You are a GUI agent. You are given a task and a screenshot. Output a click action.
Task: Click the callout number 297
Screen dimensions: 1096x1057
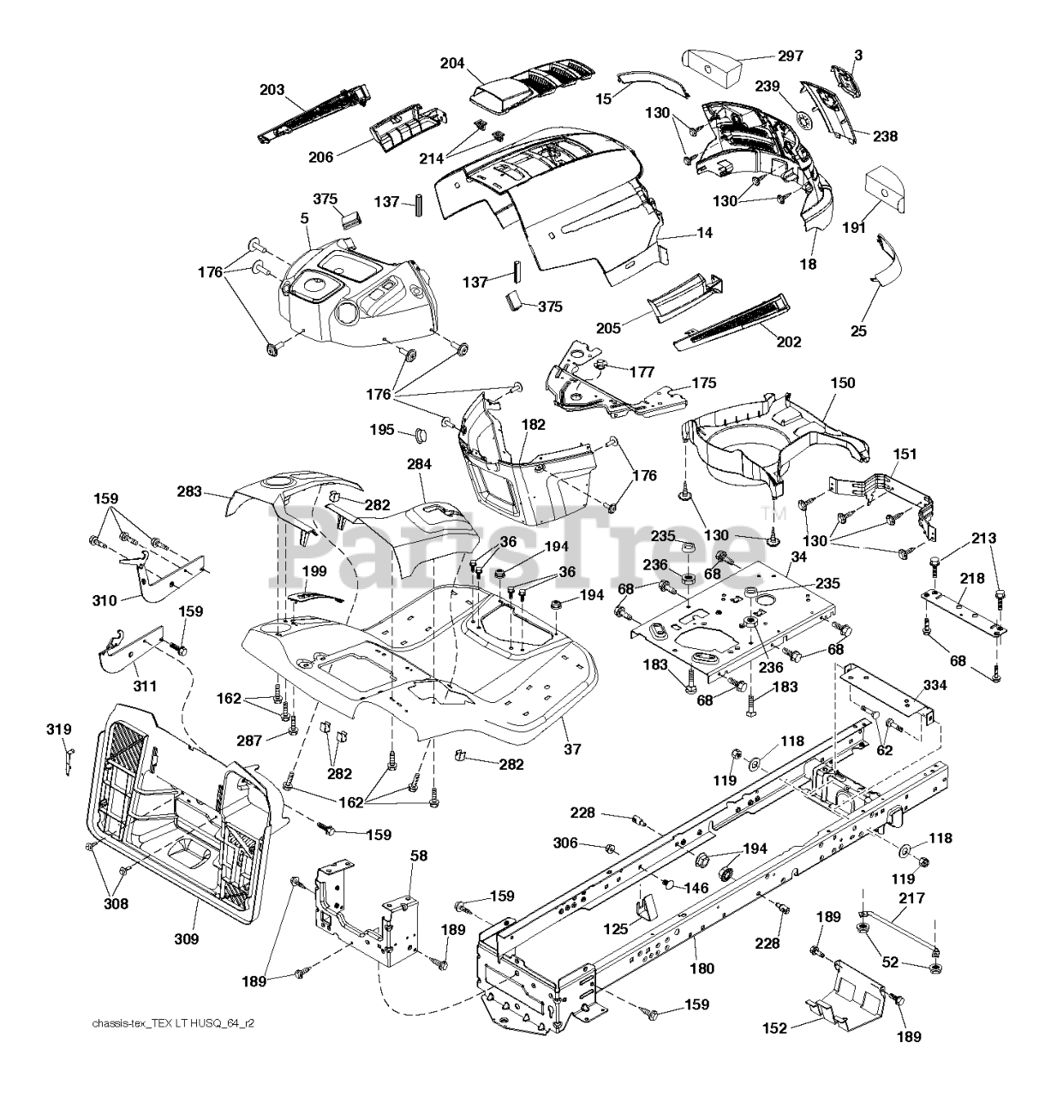point(791,56)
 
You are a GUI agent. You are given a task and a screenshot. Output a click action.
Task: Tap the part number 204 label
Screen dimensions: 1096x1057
point(452,63)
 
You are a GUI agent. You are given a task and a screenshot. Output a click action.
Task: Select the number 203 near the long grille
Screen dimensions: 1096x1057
point(272,89)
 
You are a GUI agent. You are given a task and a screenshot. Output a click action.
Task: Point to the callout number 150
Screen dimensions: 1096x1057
point(842,383)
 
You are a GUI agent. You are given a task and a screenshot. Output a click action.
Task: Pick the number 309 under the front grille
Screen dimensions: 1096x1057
point(186,938)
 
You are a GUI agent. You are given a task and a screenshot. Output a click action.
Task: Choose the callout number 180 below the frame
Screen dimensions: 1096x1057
point(702,968)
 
